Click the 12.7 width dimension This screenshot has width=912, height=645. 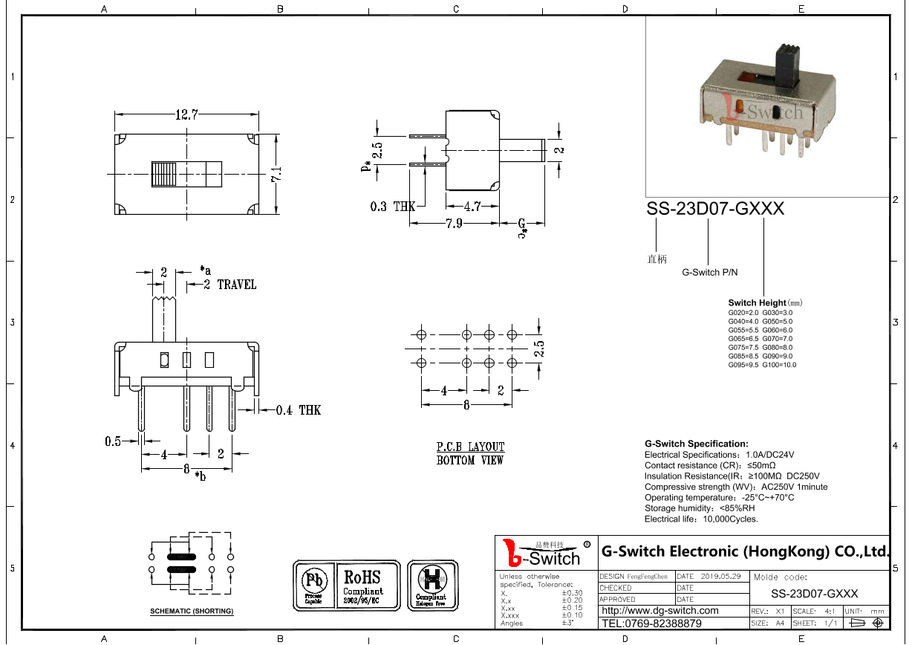(x=186, y=114)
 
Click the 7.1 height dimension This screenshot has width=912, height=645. (x=276, y=174)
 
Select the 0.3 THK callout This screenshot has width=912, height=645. (x=393, y=206)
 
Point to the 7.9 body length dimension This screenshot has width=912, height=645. (x=454, y=223)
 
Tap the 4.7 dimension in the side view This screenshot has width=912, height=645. (x=472, y=206)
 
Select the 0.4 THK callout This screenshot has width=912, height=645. (x=298, y=409)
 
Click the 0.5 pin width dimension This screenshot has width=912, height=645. (x=113, y=441)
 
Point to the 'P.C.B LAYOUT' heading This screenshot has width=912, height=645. (x=470, y=447)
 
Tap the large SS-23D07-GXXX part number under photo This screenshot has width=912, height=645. (x=715, y=209)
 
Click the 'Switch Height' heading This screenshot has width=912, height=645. (x=757, y=302)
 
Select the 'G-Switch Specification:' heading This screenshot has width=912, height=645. (x=696, y=444)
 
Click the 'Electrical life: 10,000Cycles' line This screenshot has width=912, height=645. (x=701, y=519)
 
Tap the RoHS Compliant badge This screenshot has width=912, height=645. (x=362, y=586)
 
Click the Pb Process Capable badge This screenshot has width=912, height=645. (x=313, y=586)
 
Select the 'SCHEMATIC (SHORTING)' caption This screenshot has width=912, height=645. (x=192, y=611)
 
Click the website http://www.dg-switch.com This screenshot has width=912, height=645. (x=659, y=611)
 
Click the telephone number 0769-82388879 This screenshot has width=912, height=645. (x=651, y=623)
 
